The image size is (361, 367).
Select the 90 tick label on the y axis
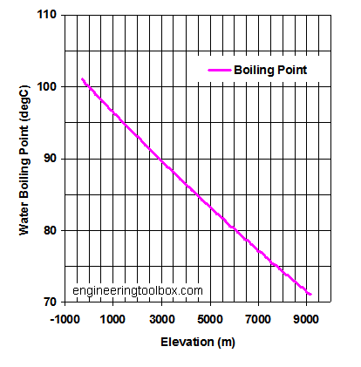click(x=49, y=159)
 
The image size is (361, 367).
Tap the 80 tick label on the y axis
click(x=49, y=230)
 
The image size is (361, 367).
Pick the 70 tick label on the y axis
click(x=49, y=302)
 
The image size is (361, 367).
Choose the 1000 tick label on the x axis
click(x=114, y=319)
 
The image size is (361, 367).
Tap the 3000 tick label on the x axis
click(x=162, y=319)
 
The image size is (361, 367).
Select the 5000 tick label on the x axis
click(x=210, y=319)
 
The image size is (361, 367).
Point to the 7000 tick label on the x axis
click(x=258, y=319)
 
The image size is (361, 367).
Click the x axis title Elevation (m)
click(x=197, y=342)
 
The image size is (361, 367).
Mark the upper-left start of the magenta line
click(x=82, y=79)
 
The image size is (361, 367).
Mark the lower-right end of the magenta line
click(x=310, y=295)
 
